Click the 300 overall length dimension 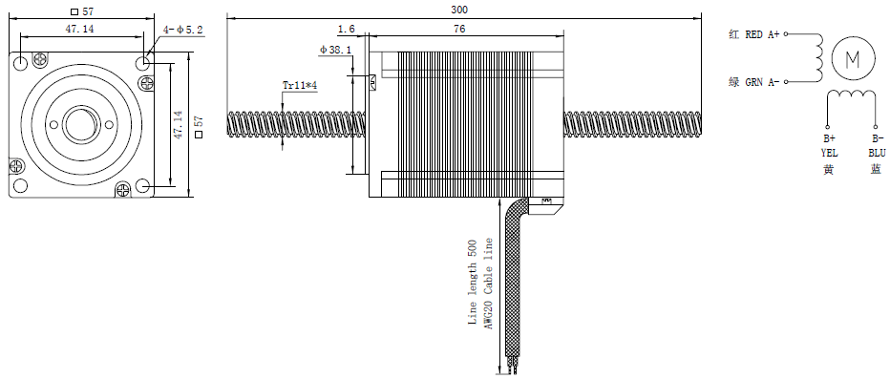click(459, 10)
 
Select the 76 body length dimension click(459, 29)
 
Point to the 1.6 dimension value click(346, 29)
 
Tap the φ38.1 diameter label click(335, 50)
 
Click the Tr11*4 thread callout click(299, 86)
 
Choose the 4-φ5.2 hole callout click(182, 30)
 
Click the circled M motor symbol click(853, 58)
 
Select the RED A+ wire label click(762, 34)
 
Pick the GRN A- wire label click(762, 82)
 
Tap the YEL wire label click(829, 153)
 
